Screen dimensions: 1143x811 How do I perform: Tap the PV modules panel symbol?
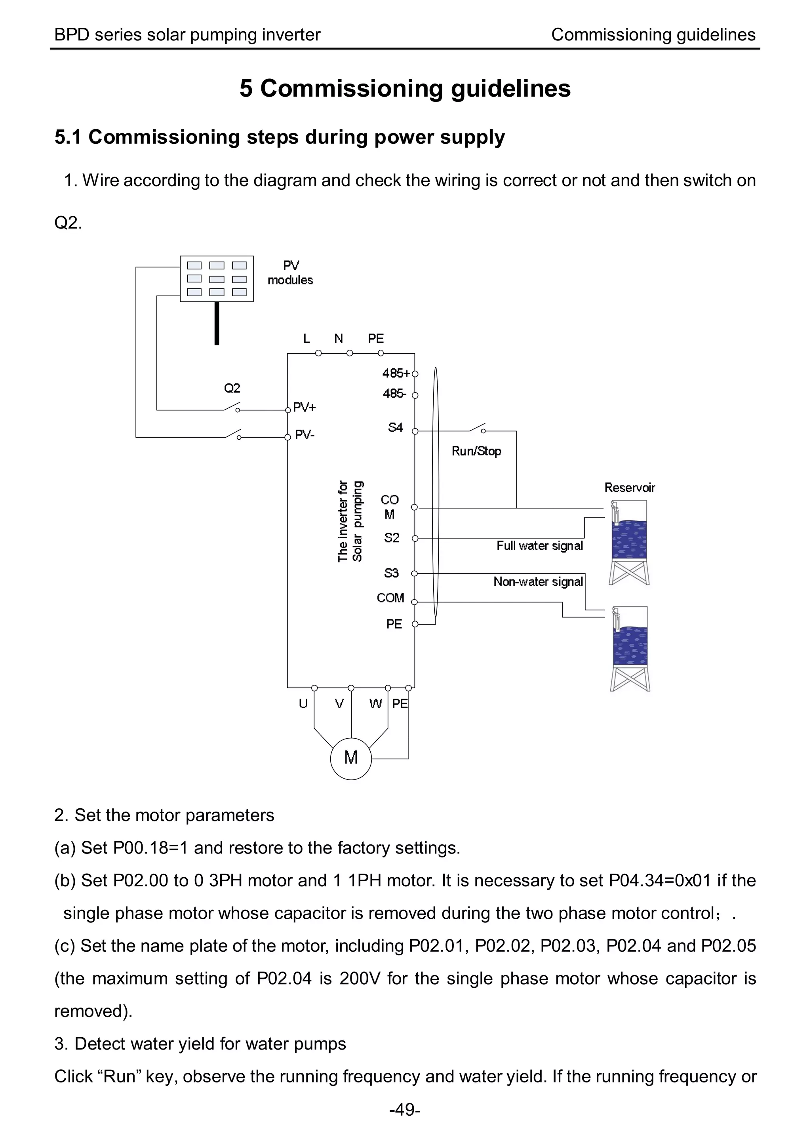(216, 279)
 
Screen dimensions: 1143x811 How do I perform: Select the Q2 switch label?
(232, 388)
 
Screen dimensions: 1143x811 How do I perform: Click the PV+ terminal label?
(304, 408)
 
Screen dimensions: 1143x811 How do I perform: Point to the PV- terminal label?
(304, 435)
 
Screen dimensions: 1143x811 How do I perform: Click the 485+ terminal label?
(396, 373)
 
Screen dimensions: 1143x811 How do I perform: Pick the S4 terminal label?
(395, 427)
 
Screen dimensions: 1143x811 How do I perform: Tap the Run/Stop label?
(476, 451)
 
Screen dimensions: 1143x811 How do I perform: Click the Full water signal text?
(539, 546)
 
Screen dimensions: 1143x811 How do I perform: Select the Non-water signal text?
(538, 582)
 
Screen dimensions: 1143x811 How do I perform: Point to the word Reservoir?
(629, 488)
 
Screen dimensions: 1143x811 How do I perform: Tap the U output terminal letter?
(303, 703)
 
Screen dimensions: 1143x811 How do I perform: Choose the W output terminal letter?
(375, 703)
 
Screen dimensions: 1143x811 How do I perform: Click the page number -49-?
(405, 1110)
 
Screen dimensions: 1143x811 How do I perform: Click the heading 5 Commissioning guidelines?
(405, 88)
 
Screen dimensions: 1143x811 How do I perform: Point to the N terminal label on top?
(338, 339)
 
